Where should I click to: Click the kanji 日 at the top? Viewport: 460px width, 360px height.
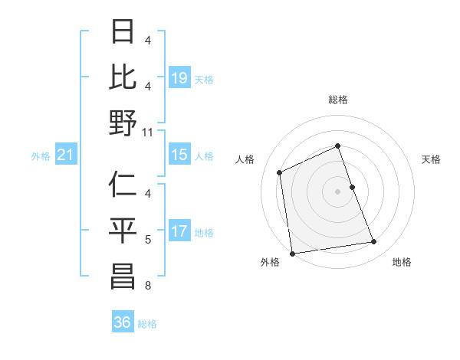(x=123, y=32)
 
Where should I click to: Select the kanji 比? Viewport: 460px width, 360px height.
(x=123, y=77)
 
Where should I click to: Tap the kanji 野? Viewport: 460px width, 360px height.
(x=123, y=123)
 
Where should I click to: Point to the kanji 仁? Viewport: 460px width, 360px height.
(x=123, y=185)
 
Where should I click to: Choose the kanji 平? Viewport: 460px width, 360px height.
(x=123, y=231)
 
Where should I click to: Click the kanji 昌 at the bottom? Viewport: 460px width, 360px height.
(x=123, y=278)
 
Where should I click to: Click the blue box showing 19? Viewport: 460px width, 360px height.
(x=179, y=78)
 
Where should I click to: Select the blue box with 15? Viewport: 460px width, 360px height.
(x=179, y=155)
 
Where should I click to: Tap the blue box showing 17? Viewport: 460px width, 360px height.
(x=179, y=231)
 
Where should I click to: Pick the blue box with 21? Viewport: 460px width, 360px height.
(x=66, y=155)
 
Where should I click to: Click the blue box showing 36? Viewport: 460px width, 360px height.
(x=123, y=322)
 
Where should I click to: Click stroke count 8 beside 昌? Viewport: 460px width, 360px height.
(x=148, y=286)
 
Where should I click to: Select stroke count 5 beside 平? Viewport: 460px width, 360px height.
(x=148, y=240)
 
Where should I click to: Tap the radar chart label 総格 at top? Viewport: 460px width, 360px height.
(x=337, y=100)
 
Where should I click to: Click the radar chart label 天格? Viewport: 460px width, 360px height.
(x=431, y=159)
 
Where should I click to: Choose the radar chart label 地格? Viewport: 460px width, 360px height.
(x=402, y=262)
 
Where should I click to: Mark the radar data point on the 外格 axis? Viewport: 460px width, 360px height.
(x=292, y=254)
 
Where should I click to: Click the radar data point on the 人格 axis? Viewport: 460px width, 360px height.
(x=280, y=172)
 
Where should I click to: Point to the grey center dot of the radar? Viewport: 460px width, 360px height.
(x=337, y=191)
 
